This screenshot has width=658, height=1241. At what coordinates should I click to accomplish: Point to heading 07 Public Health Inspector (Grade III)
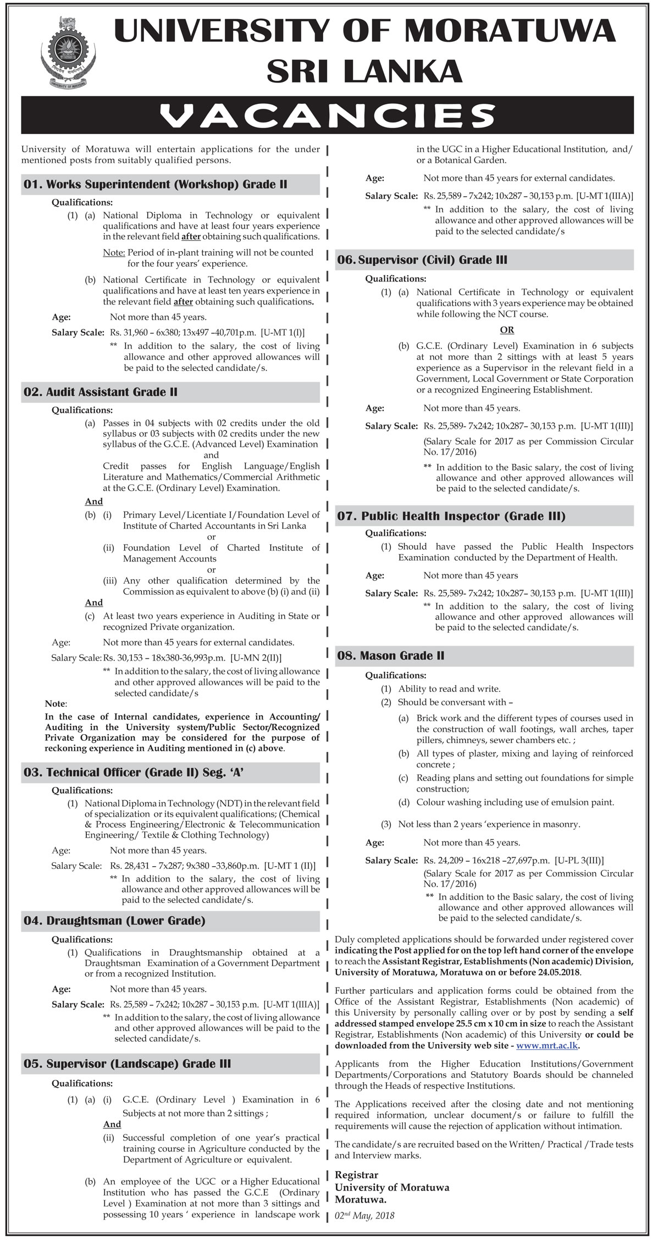[x=451, y=516]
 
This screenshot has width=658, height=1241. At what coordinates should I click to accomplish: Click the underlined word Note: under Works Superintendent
[x=114, y=252]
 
